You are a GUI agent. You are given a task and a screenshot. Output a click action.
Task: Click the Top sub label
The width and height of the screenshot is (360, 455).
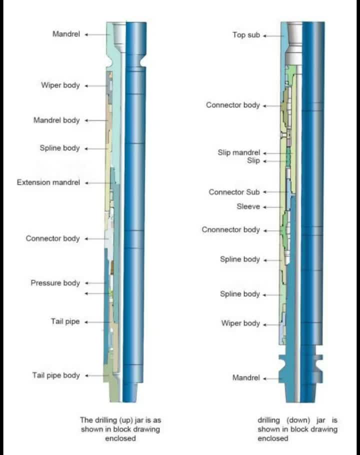click(246, 35)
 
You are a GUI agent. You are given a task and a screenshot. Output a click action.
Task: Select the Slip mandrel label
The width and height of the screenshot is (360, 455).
click(238, 152)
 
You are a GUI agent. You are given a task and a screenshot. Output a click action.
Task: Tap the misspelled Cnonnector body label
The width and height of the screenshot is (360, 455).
click(230, 230)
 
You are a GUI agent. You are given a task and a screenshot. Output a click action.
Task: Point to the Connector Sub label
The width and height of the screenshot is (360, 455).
click(234, 192)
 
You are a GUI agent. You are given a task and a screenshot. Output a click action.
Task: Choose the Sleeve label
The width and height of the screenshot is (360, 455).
click(248, 206)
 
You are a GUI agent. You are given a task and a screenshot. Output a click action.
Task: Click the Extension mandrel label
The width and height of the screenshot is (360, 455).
click(48, 182)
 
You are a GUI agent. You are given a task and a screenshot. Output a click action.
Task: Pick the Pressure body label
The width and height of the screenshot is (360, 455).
click(55, 283)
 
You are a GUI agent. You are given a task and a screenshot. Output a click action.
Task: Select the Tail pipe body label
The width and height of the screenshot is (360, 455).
click(56, 375)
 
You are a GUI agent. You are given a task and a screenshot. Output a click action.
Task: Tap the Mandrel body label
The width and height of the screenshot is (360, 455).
click(56, 120)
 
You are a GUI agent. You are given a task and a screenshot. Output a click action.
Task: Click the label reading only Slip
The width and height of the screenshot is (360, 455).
click(253, 161)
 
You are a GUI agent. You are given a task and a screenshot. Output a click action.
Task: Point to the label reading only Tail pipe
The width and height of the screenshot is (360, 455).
click(65, 321)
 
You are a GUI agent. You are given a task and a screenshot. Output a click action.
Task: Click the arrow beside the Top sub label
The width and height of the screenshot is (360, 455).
click(273, 36)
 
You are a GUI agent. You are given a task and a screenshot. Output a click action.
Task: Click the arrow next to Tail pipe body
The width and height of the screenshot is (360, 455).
click(97, 376)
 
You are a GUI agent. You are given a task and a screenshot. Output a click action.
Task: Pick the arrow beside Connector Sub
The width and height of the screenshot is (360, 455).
click(275, 192)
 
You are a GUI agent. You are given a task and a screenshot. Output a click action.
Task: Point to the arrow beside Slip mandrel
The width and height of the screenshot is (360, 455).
click(278, 153)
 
